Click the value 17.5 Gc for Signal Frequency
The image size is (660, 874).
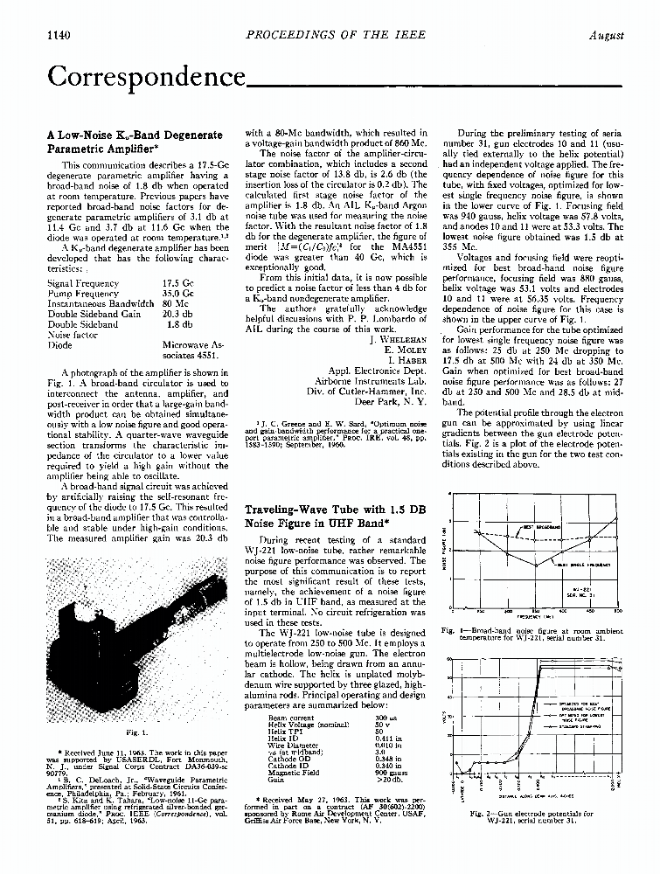(177, 284)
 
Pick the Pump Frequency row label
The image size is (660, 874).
(80, 294)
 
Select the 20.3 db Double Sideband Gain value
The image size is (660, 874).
(177, 313)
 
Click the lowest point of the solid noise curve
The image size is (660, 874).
(535, 565)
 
